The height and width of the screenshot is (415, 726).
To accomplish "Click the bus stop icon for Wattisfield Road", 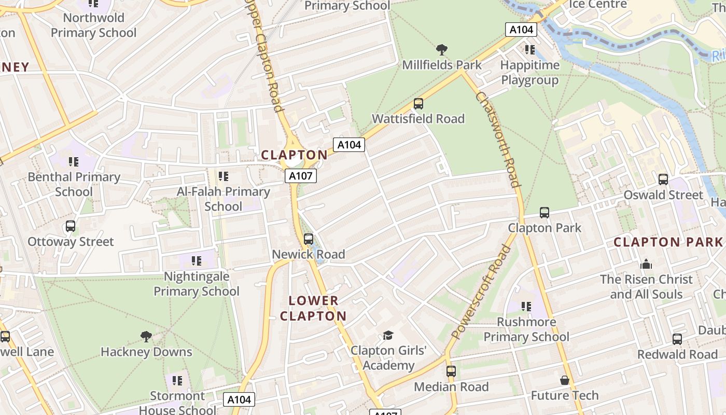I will coord(418,104).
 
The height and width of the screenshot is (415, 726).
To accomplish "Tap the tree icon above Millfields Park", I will coord(442,50).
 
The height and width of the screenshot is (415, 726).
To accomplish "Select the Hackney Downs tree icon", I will coord(146,337).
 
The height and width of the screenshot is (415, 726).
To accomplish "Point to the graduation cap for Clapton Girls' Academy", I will coord(388,336).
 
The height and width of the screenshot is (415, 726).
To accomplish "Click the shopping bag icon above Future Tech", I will coord(565,380).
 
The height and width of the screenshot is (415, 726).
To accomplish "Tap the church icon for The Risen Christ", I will coord(646,264).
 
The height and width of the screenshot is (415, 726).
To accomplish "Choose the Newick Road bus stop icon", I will coord(309,239).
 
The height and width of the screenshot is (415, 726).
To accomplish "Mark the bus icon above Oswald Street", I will coord(663,179).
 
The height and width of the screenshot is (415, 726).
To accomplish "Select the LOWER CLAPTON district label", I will coord(313,308).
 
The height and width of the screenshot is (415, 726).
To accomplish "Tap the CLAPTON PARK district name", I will coord(668,242).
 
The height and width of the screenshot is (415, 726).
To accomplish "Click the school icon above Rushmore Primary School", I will coord(526,307).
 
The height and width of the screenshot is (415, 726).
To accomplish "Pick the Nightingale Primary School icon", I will coord(197,261).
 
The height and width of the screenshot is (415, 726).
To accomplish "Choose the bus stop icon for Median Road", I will coord(451,371).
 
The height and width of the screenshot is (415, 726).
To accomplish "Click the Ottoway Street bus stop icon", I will coord(71,227).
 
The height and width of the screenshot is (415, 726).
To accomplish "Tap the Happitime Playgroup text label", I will coord(530,73).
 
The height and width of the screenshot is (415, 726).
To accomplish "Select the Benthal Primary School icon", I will coord(74,162).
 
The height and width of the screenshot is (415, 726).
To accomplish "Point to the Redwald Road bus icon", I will coord(677,339).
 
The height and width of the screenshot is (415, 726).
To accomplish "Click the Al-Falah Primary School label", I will coord(224,199).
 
